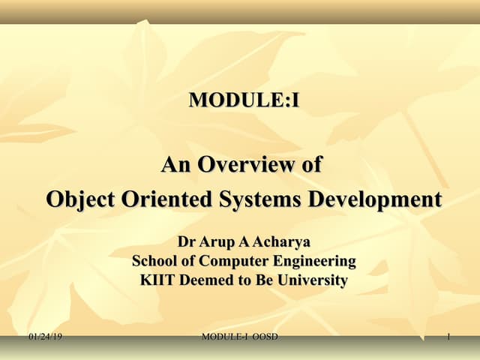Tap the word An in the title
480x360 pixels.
tap(177, 164)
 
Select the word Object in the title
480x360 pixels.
tap(79, 200)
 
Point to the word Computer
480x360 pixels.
tap(229, 262)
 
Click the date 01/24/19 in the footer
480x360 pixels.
tap(45, 337)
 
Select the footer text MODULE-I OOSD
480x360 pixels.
tap(240, 337)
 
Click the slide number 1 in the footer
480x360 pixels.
tap(448, 337)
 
